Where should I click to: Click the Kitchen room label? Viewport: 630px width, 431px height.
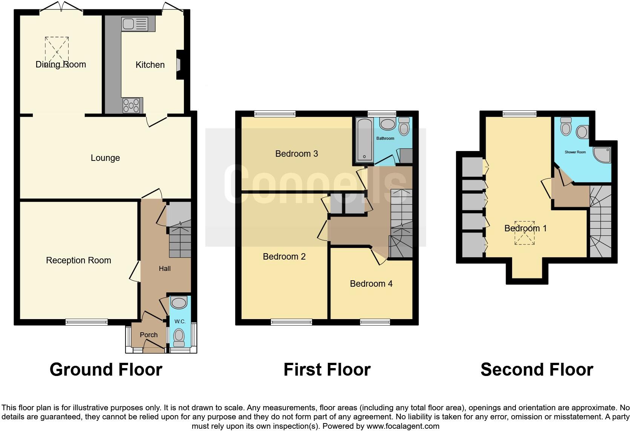pos(150,65)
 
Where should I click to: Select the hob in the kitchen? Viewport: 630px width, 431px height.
pos(131,105)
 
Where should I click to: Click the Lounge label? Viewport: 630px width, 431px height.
pos(105,158)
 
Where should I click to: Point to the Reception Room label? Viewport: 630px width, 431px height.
pos(78,260)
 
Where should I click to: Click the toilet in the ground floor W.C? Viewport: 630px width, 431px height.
pos(179,336)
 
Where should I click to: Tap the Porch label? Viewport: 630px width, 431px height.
pos(148,335)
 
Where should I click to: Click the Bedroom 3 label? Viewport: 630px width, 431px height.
pos(297,154)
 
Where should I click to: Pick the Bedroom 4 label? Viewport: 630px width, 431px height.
pos(371,284)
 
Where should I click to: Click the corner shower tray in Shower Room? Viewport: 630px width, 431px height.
pos(602,154)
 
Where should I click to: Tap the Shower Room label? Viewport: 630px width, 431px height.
pos(575,152)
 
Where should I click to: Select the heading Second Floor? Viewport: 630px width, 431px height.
pos(537,370)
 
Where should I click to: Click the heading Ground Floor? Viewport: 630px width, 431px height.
pos(106,370)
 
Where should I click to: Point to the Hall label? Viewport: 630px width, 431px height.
pos(165,269)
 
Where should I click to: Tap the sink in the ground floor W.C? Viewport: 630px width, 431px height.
pos(179,303)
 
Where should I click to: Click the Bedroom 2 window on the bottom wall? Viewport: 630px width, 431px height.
pos(291,322)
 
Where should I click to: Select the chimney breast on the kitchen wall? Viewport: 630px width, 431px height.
pos(180,65)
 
